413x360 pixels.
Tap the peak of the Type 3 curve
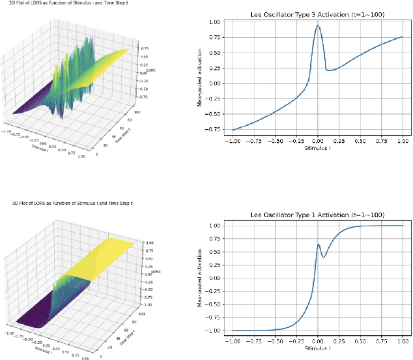317,25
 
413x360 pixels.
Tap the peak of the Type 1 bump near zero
319,245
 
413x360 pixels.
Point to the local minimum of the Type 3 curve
330,70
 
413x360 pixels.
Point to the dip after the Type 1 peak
324,257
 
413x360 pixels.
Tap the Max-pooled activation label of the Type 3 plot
202,77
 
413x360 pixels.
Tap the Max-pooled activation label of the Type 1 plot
202,278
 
